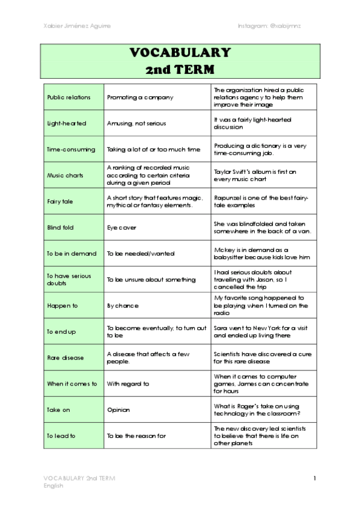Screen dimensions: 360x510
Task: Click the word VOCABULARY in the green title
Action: (x=180, y=53)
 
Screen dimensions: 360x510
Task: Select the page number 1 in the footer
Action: (x=314, y=478)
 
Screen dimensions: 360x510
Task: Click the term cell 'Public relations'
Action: (x=69, y=97)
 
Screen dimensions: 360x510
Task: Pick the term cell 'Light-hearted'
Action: (x=67, y=123)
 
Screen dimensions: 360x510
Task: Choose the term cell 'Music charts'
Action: (x=66, y=175)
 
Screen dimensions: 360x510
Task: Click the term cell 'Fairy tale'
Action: (x=60, y=201)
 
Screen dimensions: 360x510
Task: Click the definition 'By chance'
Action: (x=122, y=306)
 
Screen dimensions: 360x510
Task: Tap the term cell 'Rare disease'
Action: (x=66, y=358)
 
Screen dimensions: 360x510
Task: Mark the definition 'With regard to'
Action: (x=127, y=384)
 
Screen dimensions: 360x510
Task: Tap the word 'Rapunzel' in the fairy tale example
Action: (x=227, y=197)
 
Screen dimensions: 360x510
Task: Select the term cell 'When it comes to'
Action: (x=72, y=384)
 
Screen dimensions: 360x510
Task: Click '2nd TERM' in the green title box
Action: (x=180, y=69)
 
